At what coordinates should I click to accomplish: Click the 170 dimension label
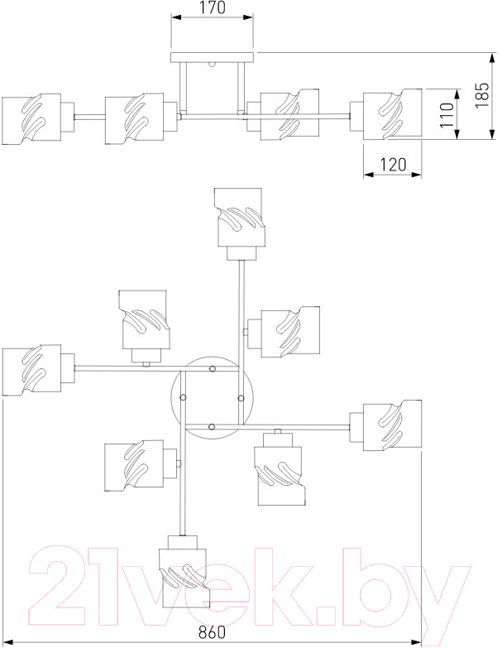[213, 7]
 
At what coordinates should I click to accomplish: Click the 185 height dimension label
[482, 95]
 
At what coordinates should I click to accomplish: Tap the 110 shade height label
[447, 115]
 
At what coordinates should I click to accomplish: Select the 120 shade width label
[393, 165]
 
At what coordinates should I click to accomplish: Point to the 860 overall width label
[213, 632]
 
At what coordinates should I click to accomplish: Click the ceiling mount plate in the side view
[212, 57]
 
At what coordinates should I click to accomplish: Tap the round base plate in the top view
[213, 397]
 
